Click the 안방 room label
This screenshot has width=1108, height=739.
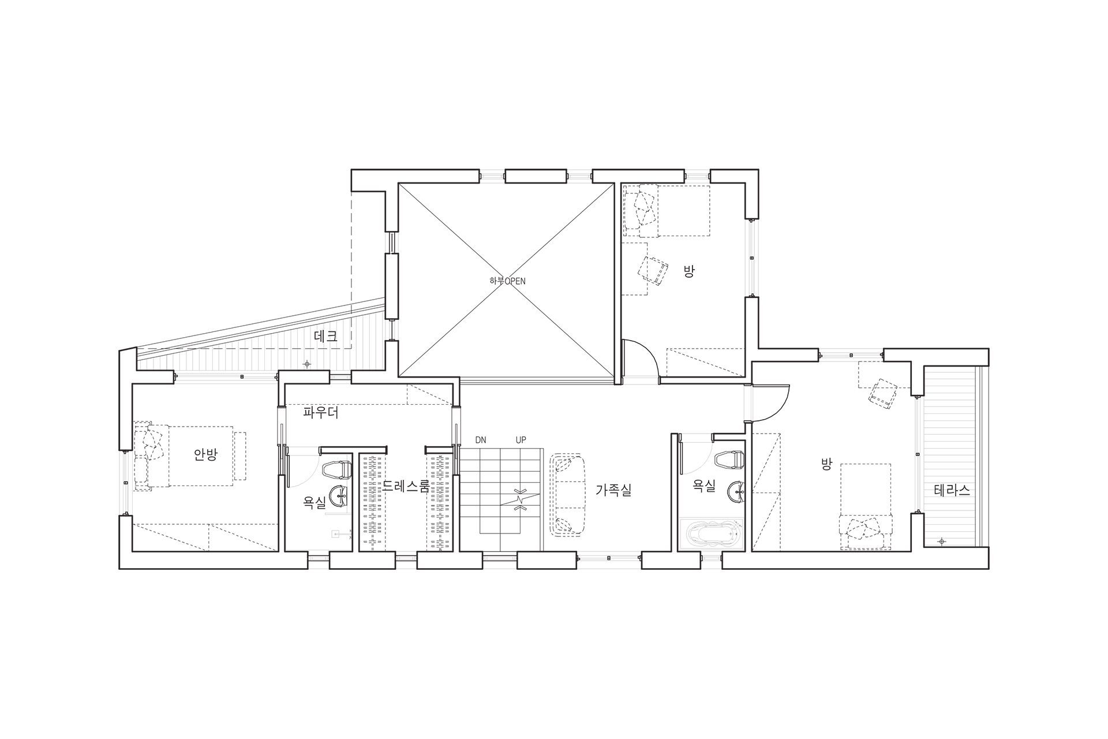205,454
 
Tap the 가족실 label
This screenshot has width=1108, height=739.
613,490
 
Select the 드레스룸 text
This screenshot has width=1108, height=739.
406,486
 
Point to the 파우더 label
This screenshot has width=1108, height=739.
321,413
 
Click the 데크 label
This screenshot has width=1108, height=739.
325,336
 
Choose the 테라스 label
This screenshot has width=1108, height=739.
952,490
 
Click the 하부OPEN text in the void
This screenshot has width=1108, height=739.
507,281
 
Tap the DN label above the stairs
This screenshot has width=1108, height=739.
481,440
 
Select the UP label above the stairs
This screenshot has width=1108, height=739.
521,440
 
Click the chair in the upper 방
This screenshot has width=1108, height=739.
653,270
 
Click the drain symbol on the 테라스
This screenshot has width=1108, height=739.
942,542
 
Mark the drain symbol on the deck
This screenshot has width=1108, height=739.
307,364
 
